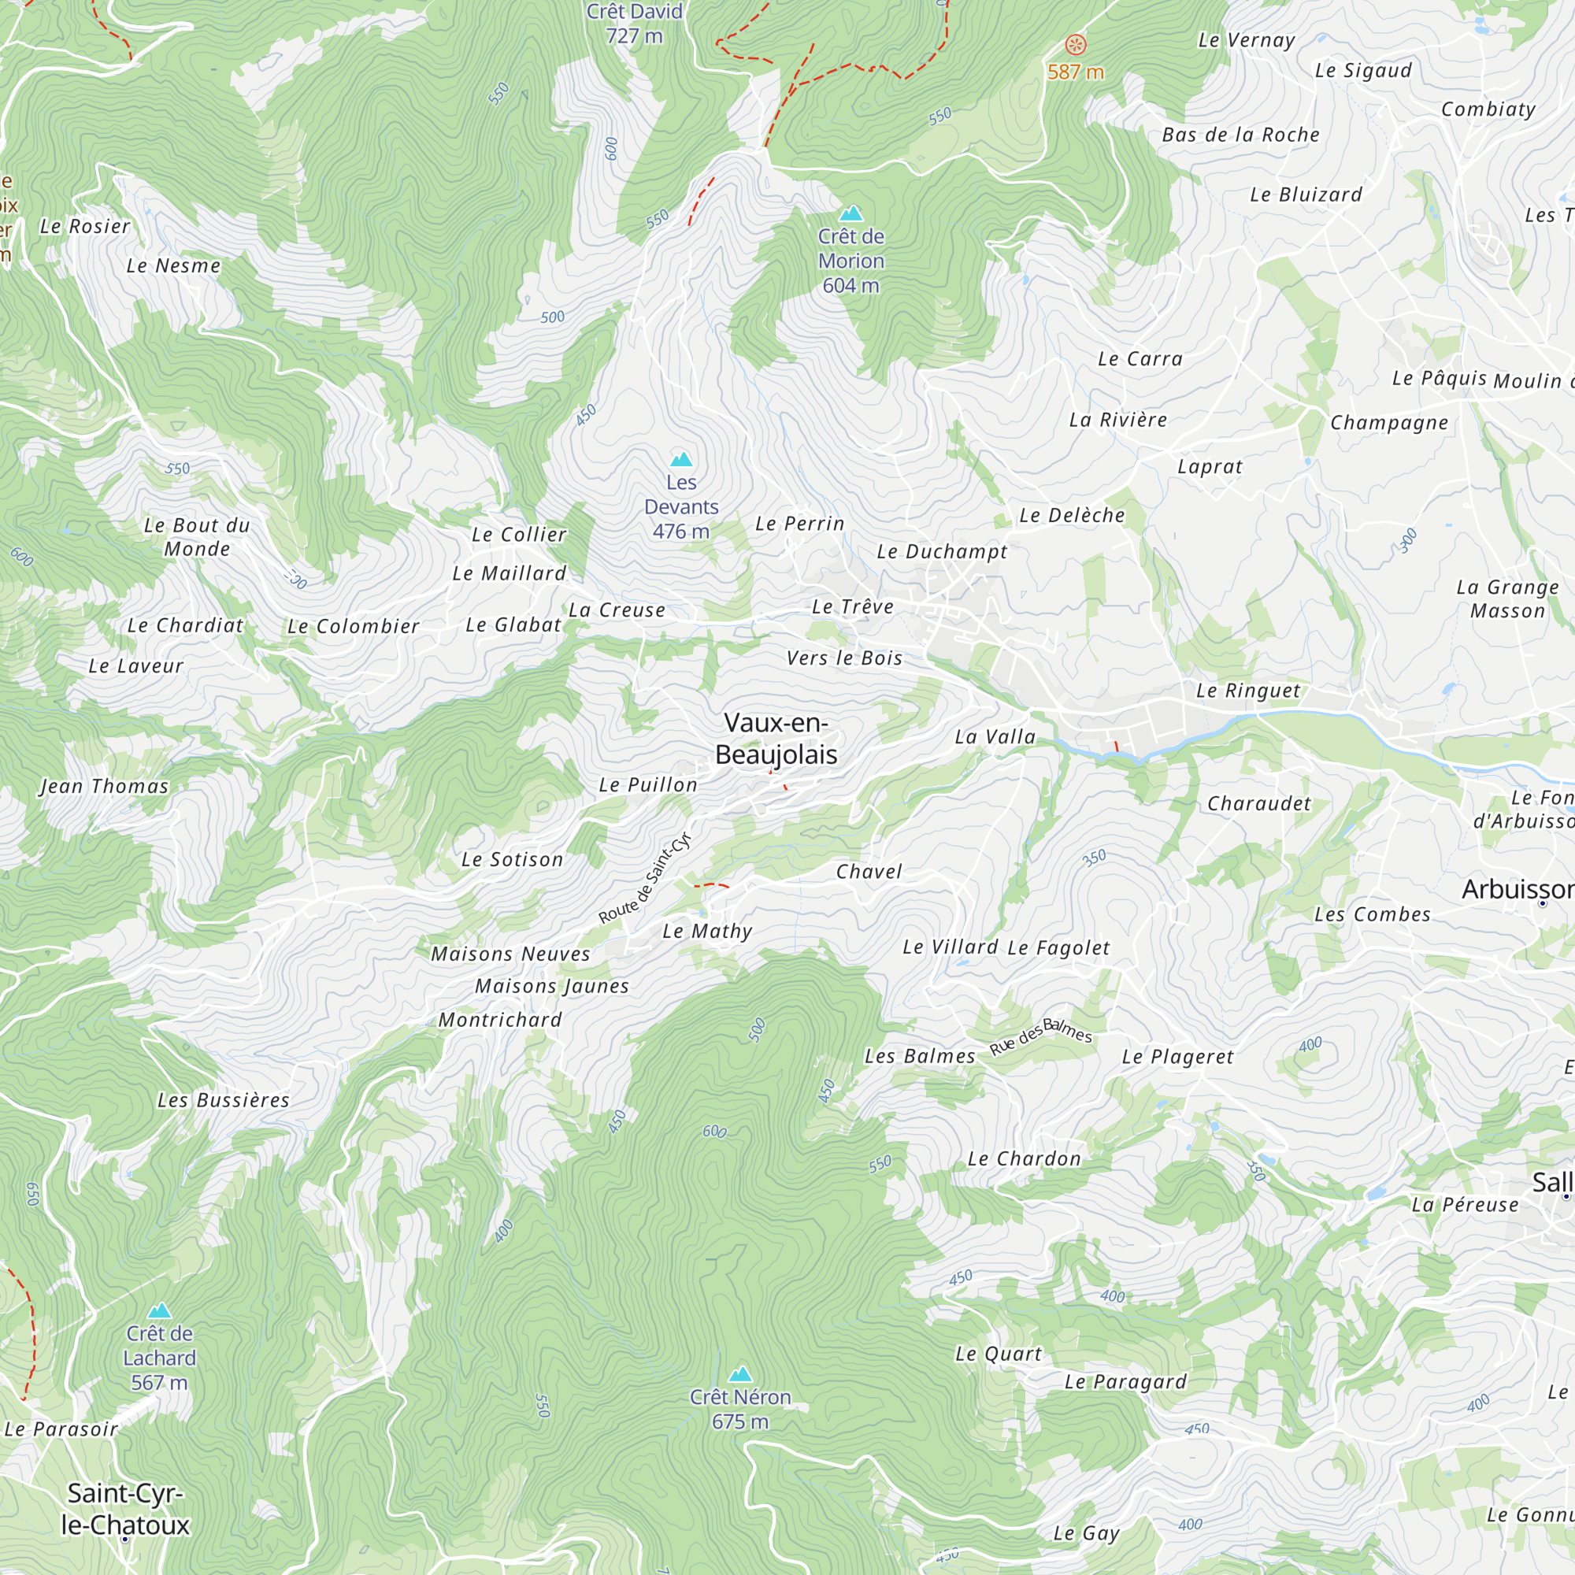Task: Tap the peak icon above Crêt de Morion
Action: [x=851, y=213]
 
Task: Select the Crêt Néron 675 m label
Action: [x=740, y=1409]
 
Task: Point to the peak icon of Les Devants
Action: [x=680, y=459]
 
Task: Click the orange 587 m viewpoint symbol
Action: [x=1076, y=44]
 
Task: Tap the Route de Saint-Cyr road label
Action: [x=645, y=879]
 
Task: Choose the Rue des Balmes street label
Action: [x=1040, y=1037]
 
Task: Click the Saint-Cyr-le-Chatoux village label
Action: [x=125, y=1508]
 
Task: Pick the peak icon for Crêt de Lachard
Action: [x=159, y=1311]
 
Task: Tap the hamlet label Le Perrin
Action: [x=800, y=524]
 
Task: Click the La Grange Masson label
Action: [x=1507, y=598]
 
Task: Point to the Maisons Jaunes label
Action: [x=552, y=987]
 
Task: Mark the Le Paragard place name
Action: [x=1125, y=1381]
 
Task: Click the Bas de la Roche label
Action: [x=1240, y=135]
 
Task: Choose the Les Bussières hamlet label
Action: [x=224, y=1101]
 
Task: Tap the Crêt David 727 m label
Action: [x=634, y=24]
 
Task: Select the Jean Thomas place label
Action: [x=105, y=786]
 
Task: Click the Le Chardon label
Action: [x=1024, y=1158]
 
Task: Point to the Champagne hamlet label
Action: [x=1389, y=422]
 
